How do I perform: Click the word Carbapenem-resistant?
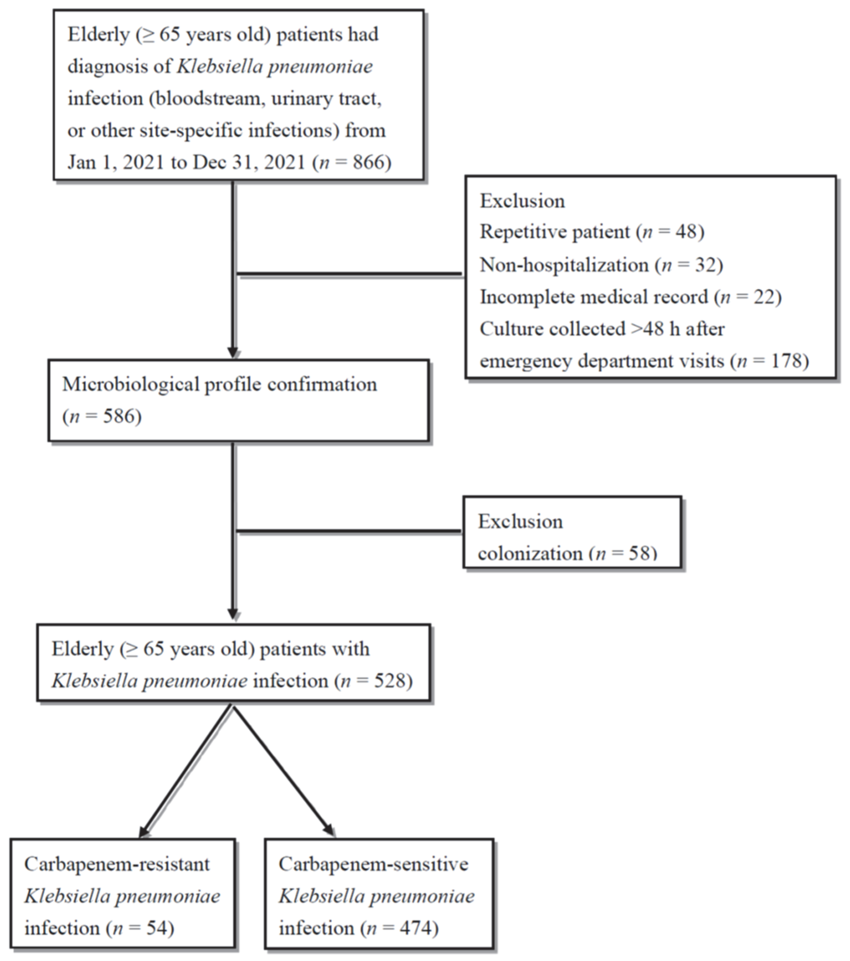point(117,864)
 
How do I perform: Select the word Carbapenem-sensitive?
point(374,864)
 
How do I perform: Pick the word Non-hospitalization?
point(564,265)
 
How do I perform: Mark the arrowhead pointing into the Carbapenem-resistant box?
point(144,832)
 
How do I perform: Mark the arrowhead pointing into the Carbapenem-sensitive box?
point(328,831)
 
